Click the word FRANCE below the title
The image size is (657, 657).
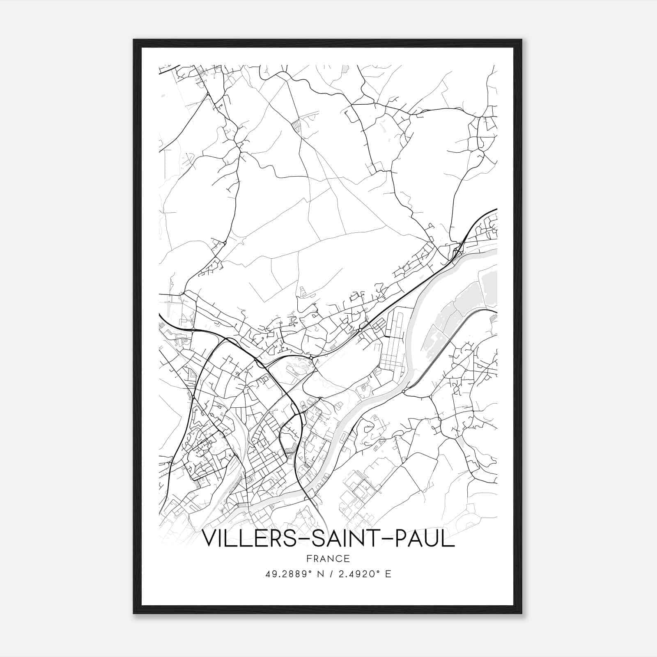point(328,558)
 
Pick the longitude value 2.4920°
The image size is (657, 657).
point(357,574)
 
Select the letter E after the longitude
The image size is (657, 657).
point(388,574)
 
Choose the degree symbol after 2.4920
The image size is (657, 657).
point(379,571)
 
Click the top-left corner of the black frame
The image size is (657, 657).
point(134,40)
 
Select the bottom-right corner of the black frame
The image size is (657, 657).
point(521,613)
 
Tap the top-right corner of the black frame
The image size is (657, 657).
point(521,40)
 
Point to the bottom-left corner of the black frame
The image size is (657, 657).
point(134,613)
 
